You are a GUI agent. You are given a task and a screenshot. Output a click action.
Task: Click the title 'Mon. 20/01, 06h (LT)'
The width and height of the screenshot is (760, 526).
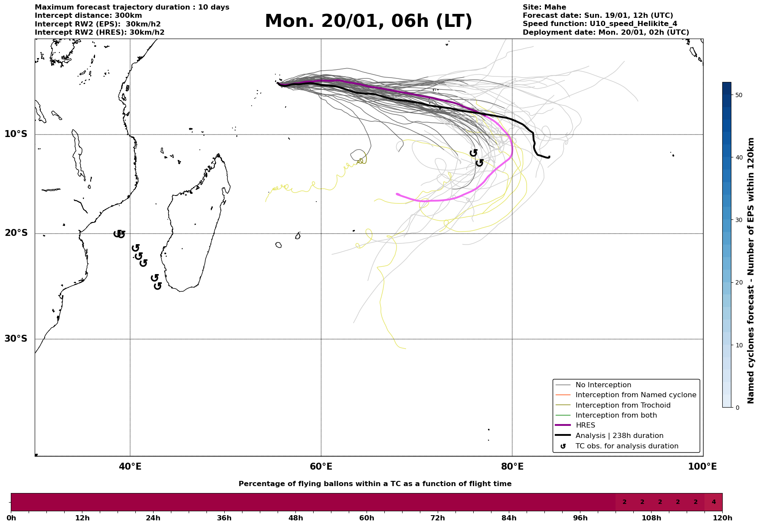[x=368, y=21]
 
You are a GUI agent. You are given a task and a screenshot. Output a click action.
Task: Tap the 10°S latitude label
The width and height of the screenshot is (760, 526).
[x=16, y=134]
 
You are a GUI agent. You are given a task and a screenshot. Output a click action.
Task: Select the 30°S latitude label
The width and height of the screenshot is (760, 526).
[x=16, y=339]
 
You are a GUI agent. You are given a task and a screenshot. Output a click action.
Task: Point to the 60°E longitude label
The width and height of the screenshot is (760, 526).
[x=321, y=467]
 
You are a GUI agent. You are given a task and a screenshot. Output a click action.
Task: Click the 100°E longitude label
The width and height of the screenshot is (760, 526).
[x=702, y=467]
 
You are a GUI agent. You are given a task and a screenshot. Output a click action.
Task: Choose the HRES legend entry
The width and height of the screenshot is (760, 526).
[x=585, y=425]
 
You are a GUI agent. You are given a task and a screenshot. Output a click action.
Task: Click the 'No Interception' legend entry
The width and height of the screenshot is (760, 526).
[x=603, y=385]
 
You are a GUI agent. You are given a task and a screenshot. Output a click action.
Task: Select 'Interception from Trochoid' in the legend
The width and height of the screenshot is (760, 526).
[x=622, y=405]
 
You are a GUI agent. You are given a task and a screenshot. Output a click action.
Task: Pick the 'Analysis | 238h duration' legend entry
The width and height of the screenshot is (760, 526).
[x=619, y=436]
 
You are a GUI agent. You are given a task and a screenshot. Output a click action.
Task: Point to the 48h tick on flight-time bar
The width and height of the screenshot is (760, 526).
[x=295, y=518]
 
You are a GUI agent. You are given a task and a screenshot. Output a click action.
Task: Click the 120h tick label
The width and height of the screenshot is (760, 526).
[x=722, y=518]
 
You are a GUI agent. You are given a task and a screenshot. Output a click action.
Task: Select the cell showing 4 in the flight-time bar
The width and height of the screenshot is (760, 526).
[x=714, y=502]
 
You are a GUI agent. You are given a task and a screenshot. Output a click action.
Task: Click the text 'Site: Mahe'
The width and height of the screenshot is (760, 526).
[x=544, y=7]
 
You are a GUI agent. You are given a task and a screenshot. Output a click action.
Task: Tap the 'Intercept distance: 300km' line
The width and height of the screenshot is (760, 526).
[x=88, y=16]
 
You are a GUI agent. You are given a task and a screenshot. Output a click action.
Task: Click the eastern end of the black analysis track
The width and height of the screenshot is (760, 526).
[x=549, y=157]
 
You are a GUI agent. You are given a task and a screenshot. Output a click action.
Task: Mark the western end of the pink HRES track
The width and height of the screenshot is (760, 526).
[x=397, y=194]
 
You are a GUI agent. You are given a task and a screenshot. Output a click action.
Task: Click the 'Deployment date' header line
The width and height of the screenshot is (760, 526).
[x=606, y=33]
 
